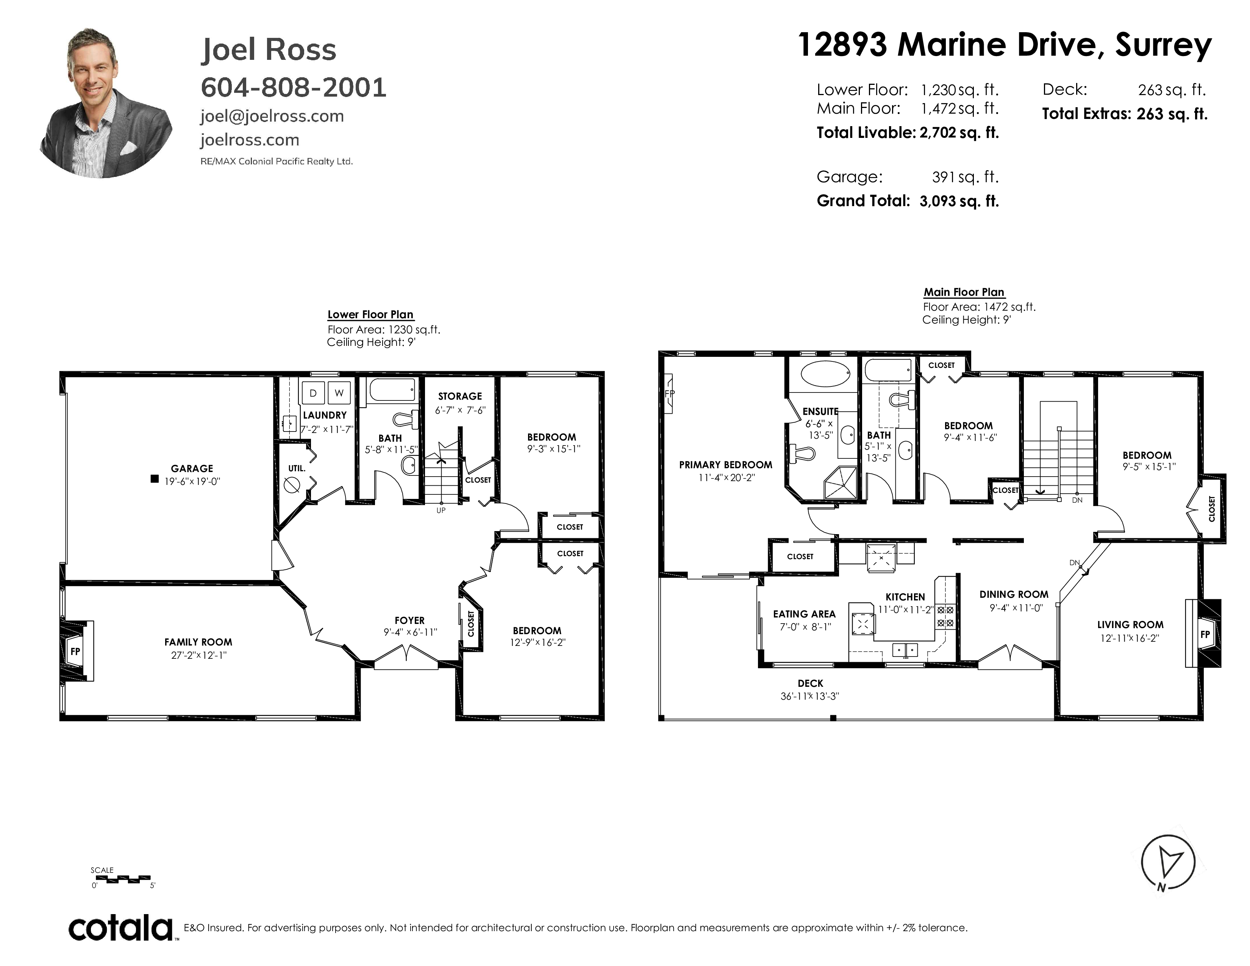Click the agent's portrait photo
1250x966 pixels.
[x=106, y=103]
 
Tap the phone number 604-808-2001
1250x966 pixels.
[x=294, y=88]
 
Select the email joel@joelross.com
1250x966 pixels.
[x=272, y=116]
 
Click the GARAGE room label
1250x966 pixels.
[x=192, y=468]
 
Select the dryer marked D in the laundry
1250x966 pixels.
[x=312, y=392]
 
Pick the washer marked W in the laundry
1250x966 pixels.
[x=339, y=392]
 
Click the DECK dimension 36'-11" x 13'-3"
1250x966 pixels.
[x=810, y=696]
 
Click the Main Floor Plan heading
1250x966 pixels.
[x=964, y=292]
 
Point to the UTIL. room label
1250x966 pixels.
[x=297, y=468]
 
